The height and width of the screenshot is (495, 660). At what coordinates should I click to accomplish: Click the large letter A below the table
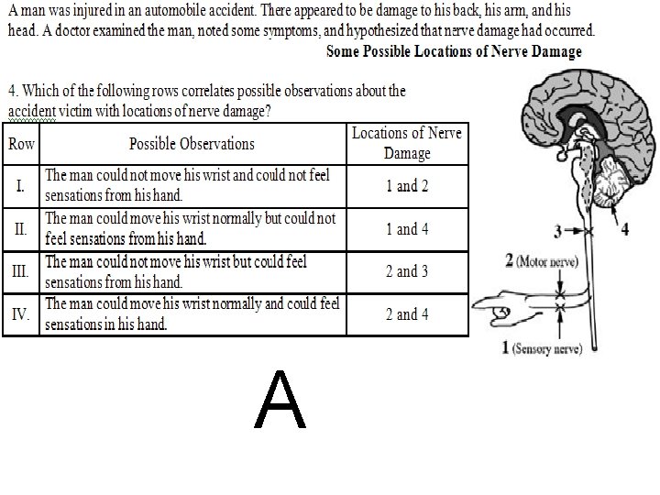point(281,401)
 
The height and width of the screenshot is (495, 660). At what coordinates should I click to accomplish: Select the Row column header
point(21,144)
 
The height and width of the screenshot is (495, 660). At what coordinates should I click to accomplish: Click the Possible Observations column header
point(192,144)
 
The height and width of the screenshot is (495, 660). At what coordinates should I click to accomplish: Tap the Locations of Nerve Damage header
point(407,143)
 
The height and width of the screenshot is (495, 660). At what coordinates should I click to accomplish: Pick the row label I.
point(21,185)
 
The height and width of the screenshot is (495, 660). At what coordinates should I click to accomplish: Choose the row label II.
point(21,229)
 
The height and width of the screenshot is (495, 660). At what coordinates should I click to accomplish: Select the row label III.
point(21,271)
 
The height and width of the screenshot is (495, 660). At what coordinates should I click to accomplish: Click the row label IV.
point(21,314)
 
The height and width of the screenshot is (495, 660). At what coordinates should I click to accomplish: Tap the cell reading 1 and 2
point(407,186)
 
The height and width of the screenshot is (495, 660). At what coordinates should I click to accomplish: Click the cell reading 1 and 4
point(407,229)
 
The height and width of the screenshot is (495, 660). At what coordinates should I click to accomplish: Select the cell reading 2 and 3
point(407,271)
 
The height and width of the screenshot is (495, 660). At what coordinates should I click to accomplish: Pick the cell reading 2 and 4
point(407,314)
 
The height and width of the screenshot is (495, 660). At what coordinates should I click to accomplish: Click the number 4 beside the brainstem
point(625,229)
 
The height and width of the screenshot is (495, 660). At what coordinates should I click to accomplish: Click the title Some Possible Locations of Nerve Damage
point(454,51)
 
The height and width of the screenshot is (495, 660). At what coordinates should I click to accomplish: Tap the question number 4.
point(12,91)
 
